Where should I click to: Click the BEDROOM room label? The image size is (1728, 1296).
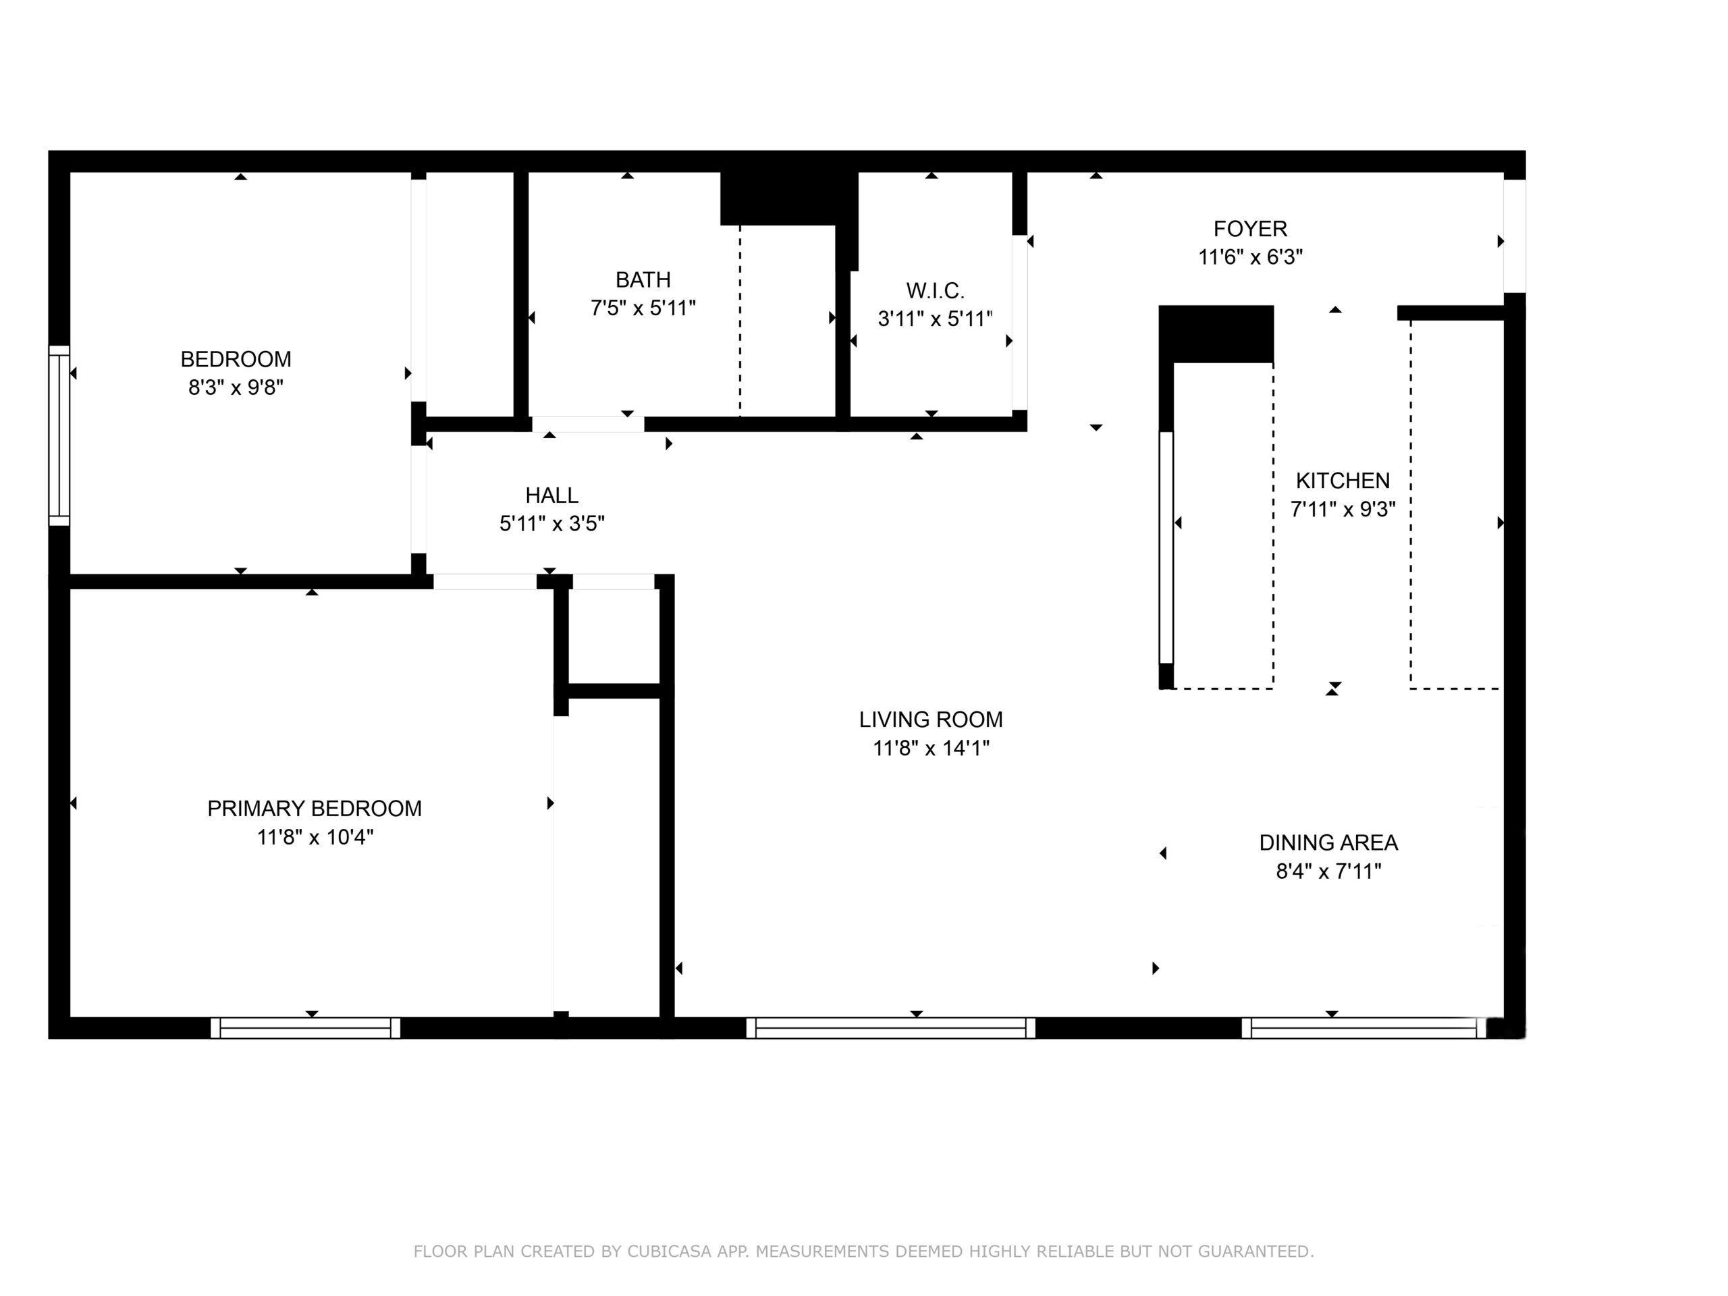pyautogui.click(x=236, y=359)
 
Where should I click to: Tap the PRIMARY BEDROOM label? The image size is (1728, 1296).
pyautogui.click(x=314, y=809)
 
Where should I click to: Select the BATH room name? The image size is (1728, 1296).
pyautogui.click(x=643, y=279)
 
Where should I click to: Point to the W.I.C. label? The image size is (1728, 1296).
pyautogui.click(x=935, y=291)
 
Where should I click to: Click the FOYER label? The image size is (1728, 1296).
pyautogui.click(x=1250, y=229)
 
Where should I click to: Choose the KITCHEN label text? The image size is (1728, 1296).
pyautogui.click(x=1343, y=481)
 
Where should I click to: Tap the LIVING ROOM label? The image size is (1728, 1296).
pyautogui.click(x=930, y=720)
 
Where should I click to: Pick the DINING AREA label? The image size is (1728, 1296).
pyautogui.click(x=1328, y=843)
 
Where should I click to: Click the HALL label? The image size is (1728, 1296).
pyautogui.click(x=551, y=495)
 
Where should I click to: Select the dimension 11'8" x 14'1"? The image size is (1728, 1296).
pyautogui.click(x=930, y=749)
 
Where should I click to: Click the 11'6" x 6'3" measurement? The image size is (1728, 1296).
pyautogui.click(x=1250, y=257)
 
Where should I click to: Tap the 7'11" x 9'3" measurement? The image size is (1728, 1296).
pyautogui.click(x=1342, y=510)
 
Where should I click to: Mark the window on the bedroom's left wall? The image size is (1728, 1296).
pyautogui.click(x=59, y=435)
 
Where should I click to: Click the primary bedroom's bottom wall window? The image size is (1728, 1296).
pyautogui.click(x=306, y=1028)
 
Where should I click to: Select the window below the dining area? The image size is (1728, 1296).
pyautogui.click(x=1363, y=1028)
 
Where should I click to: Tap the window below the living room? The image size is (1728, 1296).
pyautogui.click(x=890, y=1028)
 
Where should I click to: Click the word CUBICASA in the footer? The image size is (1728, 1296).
pyautogui.click(x=670, y=1251)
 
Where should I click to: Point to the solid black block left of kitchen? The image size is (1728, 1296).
pyautogui.click(x=1216, y=334)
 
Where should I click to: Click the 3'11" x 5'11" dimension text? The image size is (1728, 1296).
pyautogui.click(x=935, y=319)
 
